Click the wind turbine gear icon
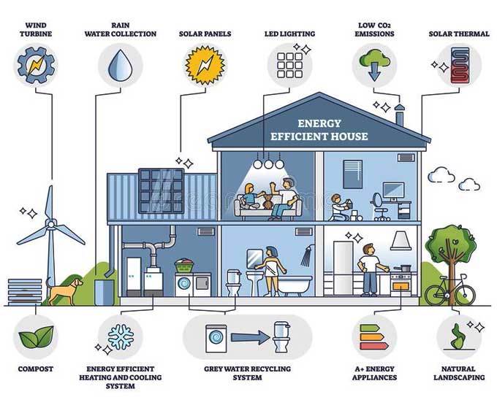tap(36, 66)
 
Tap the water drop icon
tap(120, 65)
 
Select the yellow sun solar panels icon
tap(205, 65)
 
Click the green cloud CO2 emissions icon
tap(374, 65)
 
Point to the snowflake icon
tap(121, 337)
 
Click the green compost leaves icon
tap(36, 336)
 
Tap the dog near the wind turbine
tap(64, 290)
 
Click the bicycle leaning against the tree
tap(450, 290)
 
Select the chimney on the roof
tap(399, 115)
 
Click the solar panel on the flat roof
tap(162, 190)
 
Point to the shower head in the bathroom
tap(308, 255)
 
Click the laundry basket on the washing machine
tap(184, 266)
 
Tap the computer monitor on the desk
tap(393, 191)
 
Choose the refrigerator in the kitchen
tap(344, 269)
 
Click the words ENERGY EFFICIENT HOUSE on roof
tap(319, 130)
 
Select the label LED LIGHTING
tap(289, 34)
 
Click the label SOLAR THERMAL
tap(459, 34)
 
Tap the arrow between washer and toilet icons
tap(250, 337)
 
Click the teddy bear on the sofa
tap(268, 202)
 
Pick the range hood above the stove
tap(401, 241)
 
